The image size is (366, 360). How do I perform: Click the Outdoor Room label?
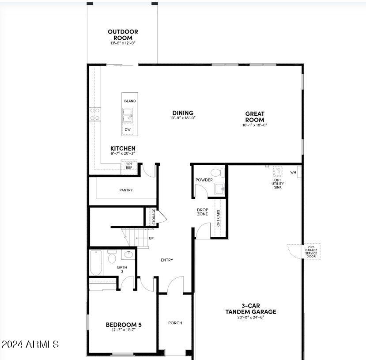coord(123,35)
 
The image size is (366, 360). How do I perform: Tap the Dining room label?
coord(183,113)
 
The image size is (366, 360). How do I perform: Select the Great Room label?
coord(255,117)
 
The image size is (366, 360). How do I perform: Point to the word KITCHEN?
coord(123,148)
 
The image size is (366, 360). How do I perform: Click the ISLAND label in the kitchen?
coord(130,101)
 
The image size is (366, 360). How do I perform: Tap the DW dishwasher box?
coord(128,129)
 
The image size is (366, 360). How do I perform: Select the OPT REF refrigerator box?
coord(129,166)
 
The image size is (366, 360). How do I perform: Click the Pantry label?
coord(126,190)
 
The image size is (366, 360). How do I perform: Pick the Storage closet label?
coord(154,216)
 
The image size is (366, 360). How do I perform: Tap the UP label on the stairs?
coord(151,239)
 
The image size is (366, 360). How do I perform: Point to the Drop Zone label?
coord(202,212)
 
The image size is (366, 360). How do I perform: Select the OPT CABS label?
coord(219,218)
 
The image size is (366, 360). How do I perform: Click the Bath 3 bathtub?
coord(96,263)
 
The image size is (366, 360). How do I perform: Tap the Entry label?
coord(167,260)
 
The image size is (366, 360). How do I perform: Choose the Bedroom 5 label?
coord(124,325)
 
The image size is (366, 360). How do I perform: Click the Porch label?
coord(175,323)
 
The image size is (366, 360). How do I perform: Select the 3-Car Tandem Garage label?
coord(251,309)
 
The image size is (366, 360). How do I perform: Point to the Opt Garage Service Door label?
coord(311,252)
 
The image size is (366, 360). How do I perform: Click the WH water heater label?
coord(293,172)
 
